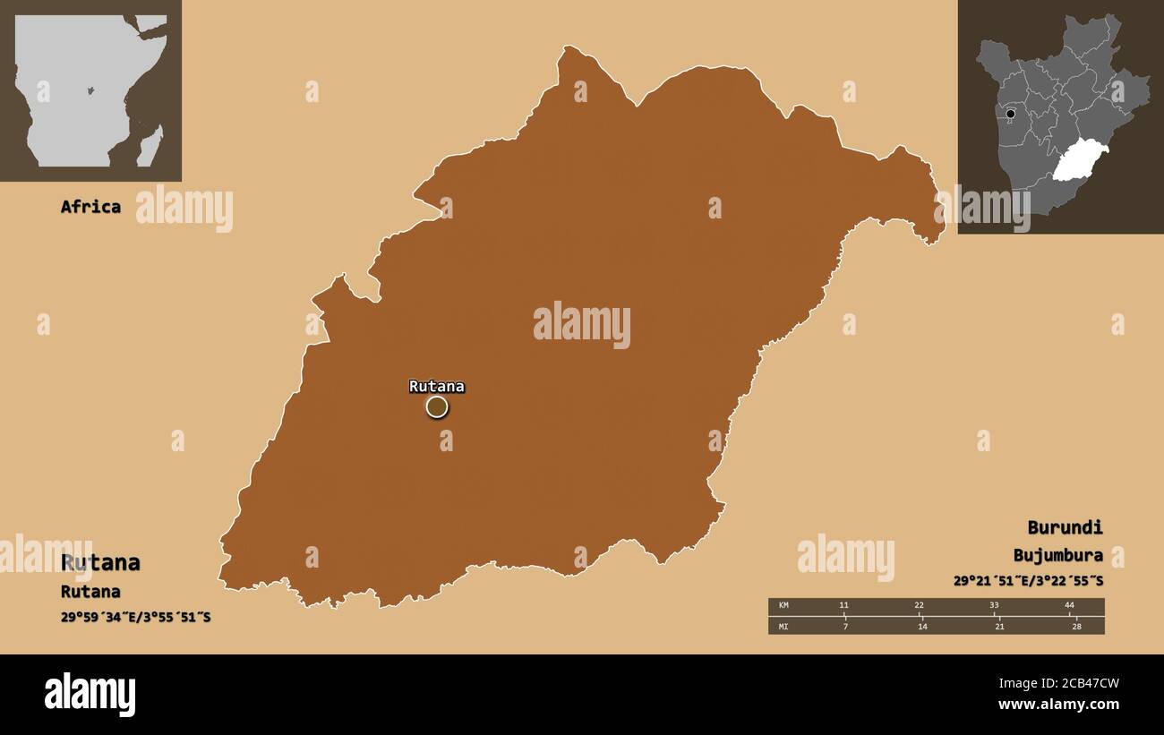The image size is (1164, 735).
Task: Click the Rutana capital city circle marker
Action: point(436,407)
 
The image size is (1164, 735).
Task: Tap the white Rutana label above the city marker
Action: point(436,387)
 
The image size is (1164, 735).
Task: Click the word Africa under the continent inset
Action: point(90,207)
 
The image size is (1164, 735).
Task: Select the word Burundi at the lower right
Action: point(1065,527)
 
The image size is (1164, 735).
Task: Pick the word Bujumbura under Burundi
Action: point(1058,555)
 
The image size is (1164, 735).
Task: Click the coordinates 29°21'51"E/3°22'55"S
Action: point(1028,581)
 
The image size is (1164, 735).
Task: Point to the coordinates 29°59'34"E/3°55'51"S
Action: point(136,617)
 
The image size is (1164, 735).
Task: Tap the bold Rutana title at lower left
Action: point(100,562)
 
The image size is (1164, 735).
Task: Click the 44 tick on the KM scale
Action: point(1069,606)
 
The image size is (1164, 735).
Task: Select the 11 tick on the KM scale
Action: point(843,606)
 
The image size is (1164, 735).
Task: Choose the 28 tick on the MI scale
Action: point(1076,626)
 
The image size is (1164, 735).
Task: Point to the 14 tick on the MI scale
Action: point(922,626)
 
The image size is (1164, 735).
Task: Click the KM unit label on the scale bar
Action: point(784,606)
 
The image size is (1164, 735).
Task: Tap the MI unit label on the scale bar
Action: point(784,626)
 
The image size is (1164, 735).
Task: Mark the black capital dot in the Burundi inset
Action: point(1011,114)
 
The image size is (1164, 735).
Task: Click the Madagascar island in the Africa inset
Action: point(150,145)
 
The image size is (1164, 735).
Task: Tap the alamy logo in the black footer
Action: point(90,695)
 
